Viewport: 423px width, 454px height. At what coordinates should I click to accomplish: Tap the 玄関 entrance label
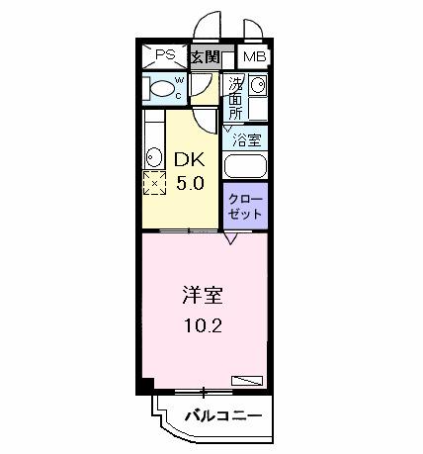pos(205,55)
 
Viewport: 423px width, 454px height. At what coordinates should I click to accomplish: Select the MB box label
pos(254,56)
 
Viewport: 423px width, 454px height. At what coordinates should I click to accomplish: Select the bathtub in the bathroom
pos(245,166)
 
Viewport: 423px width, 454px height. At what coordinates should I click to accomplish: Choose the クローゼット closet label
pos(246,206)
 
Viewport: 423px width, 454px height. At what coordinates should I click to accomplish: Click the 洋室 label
pos(194,294)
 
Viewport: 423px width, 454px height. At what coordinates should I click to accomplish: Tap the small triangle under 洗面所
pos(227,129)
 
